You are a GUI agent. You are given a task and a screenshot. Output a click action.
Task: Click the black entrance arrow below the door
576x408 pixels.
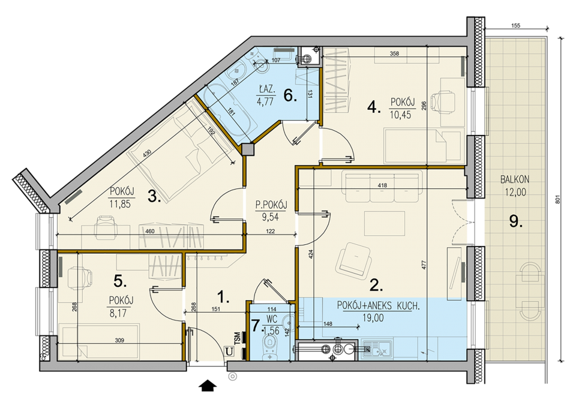(208, 385)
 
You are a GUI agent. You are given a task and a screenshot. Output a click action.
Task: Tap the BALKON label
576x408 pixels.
(515, 179)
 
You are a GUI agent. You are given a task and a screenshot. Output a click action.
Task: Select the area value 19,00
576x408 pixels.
(373, 318)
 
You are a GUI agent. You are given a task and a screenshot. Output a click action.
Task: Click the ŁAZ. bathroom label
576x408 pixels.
(265, 89)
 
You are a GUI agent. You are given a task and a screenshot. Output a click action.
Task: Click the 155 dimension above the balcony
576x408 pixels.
(515, 26)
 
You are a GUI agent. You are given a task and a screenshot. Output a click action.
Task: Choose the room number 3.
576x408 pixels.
(154, 197)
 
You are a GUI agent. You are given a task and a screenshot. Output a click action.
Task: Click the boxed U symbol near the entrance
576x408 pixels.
(230, 352)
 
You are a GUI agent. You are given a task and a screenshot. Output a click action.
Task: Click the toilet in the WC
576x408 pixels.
(269, 347)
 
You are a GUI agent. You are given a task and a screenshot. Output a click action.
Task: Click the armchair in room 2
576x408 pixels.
(353, 260)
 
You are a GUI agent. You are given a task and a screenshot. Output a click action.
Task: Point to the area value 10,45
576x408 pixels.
(400, 115)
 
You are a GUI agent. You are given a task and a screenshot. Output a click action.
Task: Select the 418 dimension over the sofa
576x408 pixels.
(382, 185)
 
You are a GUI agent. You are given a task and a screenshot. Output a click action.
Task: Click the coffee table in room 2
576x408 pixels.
(384, 223)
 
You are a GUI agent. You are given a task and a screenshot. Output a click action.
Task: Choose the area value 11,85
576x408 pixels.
(120, 204)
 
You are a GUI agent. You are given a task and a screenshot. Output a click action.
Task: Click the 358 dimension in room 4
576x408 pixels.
(394, 53)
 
